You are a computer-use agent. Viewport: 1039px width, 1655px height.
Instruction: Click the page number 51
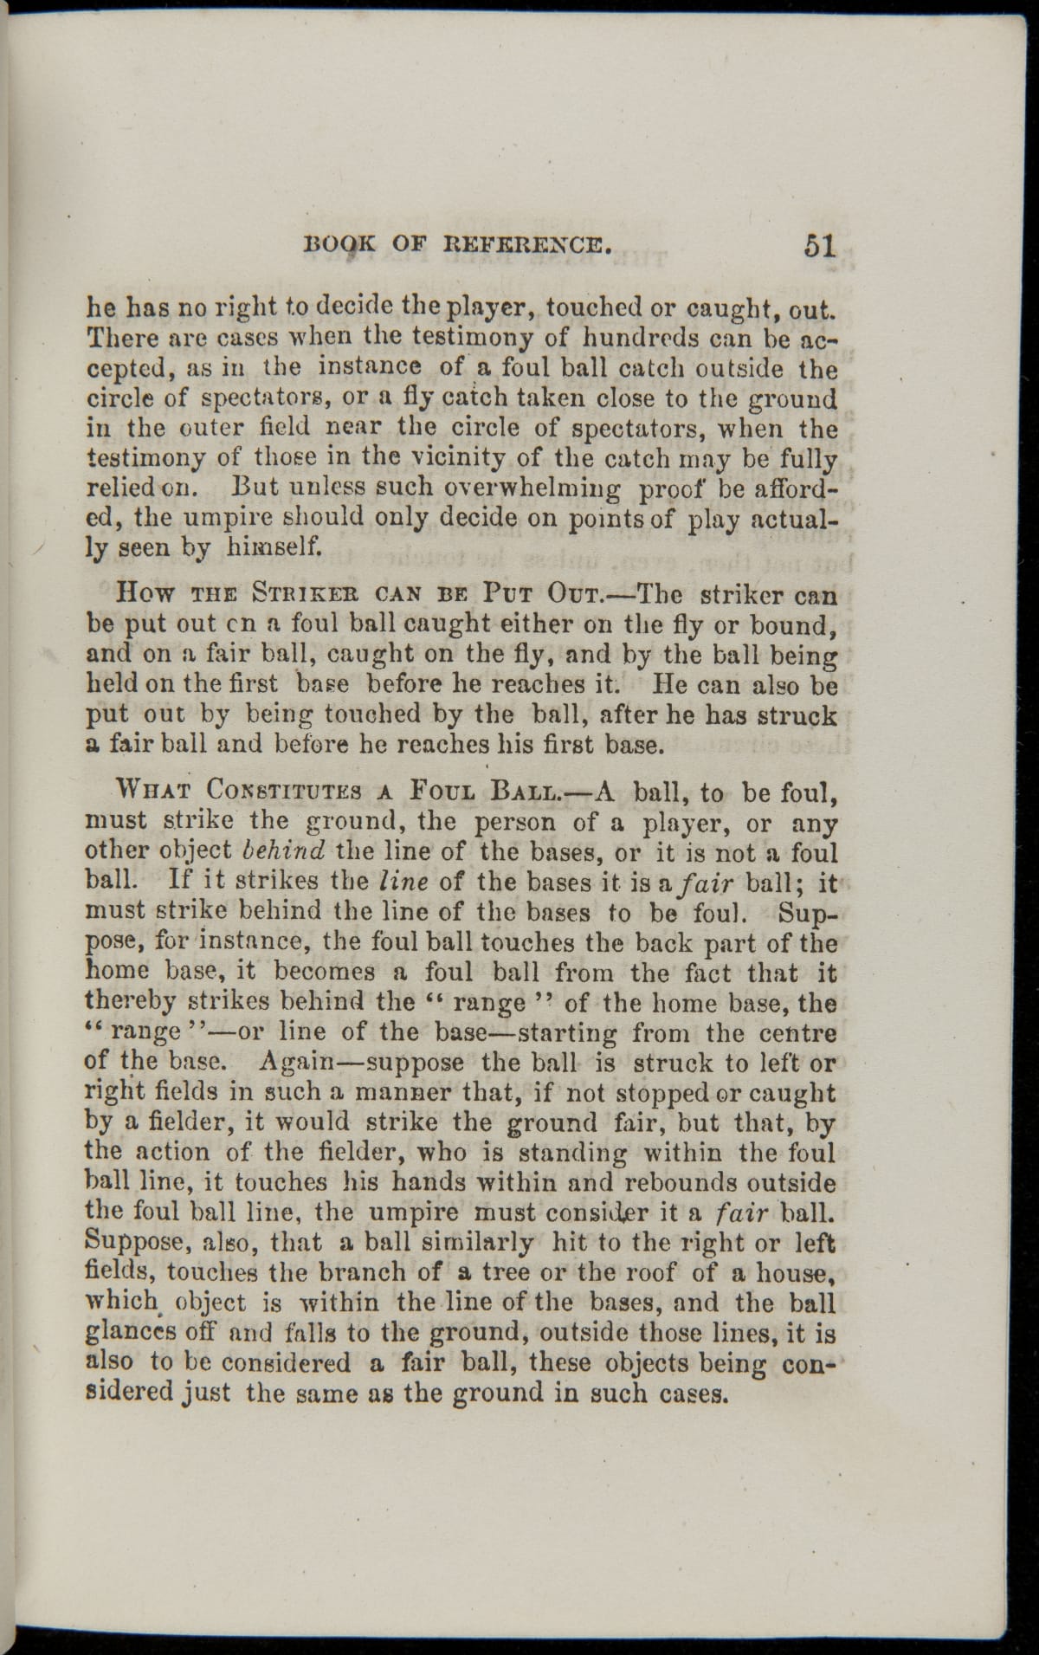(x=819, y=245)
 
